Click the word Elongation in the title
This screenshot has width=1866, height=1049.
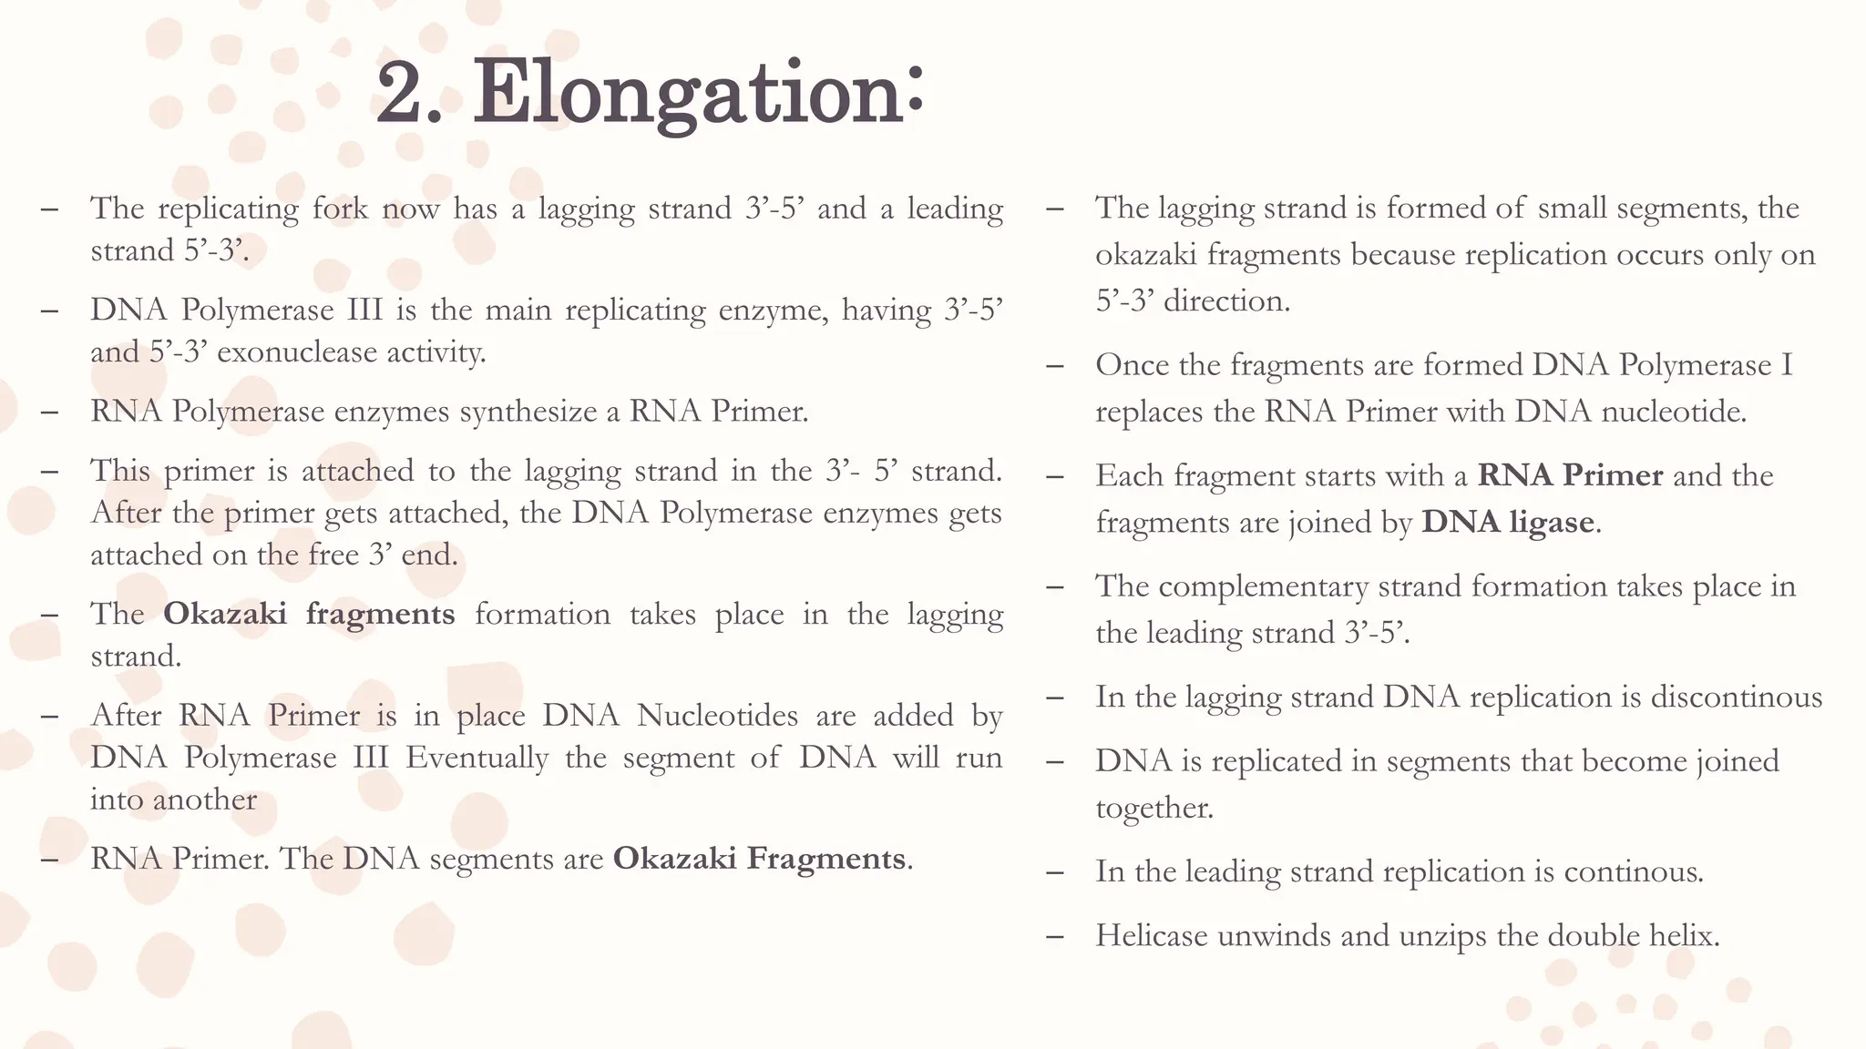[698, 93]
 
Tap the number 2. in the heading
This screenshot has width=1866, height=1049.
[410, 93]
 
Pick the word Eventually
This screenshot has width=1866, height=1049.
[477, 758]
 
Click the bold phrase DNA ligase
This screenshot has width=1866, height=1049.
[1508, 522]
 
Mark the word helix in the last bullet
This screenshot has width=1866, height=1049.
[1681, 935]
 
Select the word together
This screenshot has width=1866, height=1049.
[1153, 808]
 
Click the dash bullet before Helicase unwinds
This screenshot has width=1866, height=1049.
[1055, 936]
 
